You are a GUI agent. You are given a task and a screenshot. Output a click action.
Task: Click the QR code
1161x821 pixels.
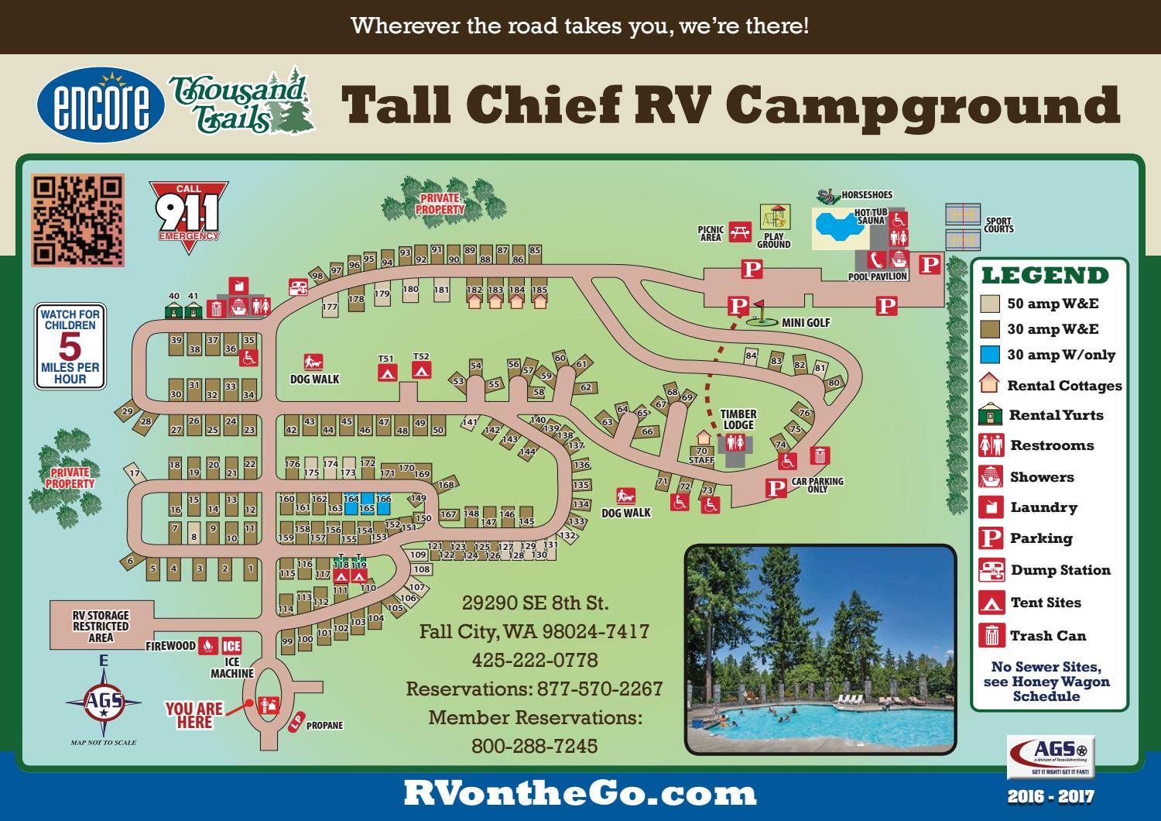77,220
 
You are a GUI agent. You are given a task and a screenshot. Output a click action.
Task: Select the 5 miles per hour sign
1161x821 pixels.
70,345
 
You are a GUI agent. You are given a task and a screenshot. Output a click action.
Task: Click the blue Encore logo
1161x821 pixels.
101,109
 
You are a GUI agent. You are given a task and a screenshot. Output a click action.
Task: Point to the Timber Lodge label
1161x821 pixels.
738,420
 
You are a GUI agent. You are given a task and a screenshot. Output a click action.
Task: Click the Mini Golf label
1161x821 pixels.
806,322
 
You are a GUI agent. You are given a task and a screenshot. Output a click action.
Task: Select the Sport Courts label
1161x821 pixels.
998,225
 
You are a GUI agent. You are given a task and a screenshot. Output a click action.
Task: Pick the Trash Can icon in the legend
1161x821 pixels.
991,635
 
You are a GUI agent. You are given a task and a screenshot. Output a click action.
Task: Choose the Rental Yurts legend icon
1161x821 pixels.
991,415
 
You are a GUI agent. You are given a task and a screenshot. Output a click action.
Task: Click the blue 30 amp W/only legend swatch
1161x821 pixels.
990,355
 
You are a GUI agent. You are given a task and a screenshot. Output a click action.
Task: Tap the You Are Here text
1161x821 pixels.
193,715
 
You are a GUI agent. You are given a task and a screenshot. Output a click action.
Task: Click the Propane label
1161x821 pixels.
324,726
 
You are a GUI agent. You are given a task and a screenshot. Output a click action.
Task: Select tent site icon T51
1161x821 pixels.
387,373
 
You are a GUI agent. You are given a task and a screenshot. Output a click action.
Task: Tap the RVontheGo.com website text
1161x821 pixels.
580,793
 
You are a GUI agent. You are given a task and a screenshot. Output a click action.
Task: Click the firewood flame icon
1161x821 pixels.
207,646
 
